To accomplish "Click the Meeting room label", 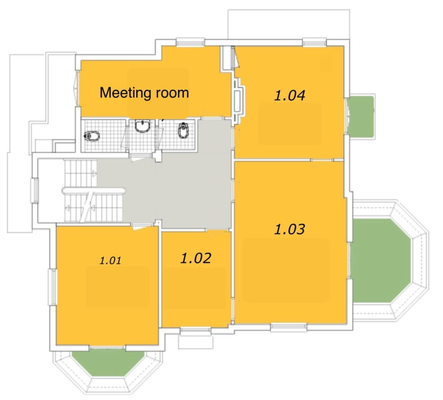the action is point(144,93).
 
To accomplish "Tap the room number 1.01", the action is point(110,260).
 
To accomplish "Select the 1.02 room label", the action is point(196,258).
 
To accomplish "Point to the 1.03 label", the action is point(289,229).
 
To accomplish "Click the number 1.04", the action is point(289,95).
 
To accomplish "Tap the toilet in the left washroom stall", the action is point(92,137).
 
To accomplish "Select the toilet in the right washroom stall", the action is point(183,130).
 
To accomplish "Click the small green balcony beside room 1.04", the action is point(361,117).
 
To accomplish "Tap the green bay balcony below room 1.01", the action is point(108,363).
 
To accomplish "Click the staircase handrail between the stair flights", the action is point(93,191).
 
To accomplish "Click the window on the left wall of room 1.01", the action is point(52,287).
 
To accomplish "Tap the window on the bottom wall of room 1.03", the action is point(289,327).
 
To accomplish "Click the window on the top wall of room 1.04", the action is point(314,43).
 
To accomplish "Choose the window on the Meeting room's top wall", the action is point(191,42).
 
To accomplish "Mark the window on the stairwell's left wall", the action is point(35,190).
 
